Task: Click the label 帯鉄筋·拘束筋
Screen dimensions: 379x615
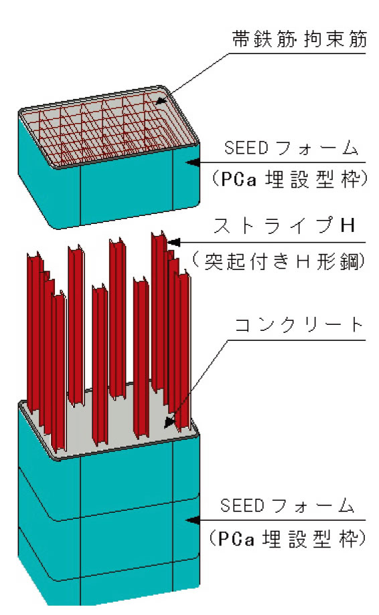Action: point(299,39)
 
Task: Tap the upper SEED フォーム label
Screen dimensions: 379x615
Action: point(291,148)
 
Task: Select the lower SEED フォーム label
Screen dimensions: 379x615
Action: point(287,505)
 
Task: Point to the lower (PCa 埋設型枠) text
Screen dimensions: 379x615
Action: point(287,539)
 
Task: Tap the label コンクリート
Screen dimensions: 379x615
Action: point(299,325)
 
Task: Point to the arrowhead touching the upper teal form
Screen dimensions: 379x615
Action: point(192,162)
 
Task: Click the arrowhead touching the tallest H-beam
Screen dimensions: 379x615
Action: point(173,243)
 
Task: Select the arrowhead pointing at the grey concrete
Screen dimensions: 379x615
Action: point(169,422)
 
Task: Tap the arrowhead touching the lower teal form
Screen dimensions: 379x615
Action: point(192,521)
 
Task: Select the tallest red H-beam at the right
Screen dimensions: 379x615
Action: point(159,314)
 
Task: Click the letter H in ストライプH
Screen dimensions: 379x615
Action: point(348,225)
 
